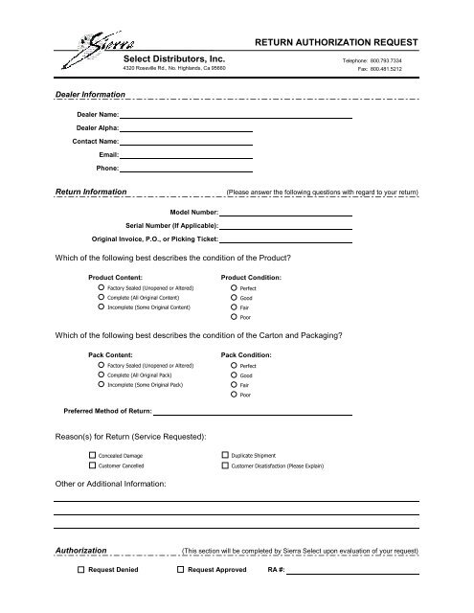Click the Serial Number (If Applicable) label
[165, 224]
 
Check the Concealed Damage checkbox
[92, 455]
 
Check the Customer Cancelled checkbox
[92, 465]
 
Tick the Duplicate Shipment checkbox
[225, 455]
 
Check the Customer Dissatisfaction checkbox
[225, 465]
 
